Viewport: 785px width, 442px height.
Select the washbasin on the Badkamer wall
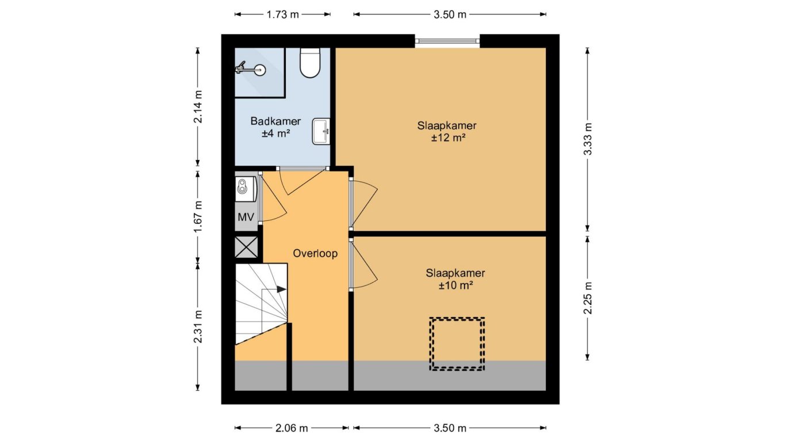coord(321,131)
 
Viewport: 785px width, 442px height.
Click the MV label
coord(246,217)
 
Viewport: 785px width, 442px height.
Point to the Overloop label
coord(315,253)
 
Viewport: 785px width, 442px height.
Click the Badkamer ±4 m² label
coord(275,127)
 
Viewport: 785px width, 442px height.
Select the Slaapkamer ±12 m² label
coord(447,131)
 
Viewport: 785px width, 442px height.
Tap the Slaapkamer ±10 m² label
coord(455,279)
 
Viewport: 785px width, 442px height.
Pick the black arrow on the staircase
coord(282,289)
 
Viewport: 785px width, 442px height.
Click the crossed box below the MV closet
coord(246,247)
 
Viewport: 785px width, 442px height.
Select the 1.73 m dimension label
coord(282,14)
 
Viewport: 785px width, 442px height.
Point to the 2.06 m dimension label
coord(292,428)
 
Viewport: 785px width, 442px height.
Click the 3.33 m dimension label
coord(588,139)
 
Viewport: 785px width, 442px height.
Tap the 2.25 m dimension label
coord(588,298)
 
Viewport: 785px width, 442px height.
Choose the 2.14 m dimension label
coord(198,106)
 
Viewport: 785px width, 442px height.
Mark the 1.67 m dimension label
coord(198,216)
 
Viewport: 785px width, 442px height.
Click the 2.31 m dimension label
coord(198,327)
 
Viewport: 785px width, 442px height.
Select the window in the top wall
coord(447,41)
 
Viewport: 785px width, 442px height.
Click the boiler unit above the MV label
coord(246,189)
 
